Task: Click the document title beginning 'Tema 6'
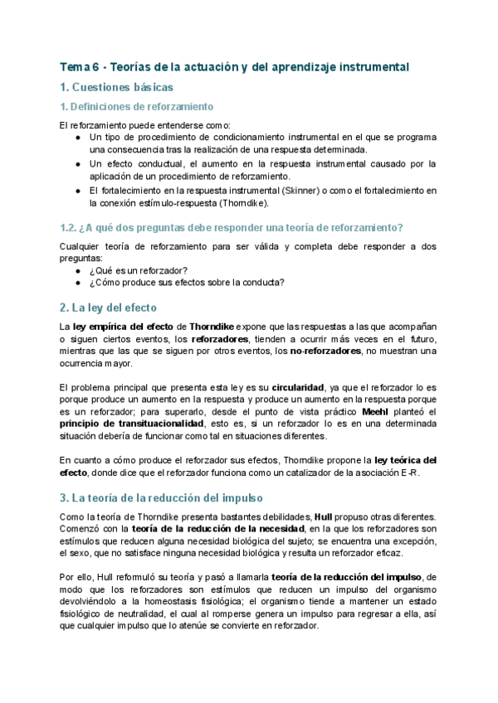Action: (x=235, y=66)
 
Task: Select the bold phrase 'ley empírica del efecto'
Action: (x=129, y=326)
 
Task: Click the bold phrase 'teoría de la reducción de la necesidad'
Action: (x=206, y=530)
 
